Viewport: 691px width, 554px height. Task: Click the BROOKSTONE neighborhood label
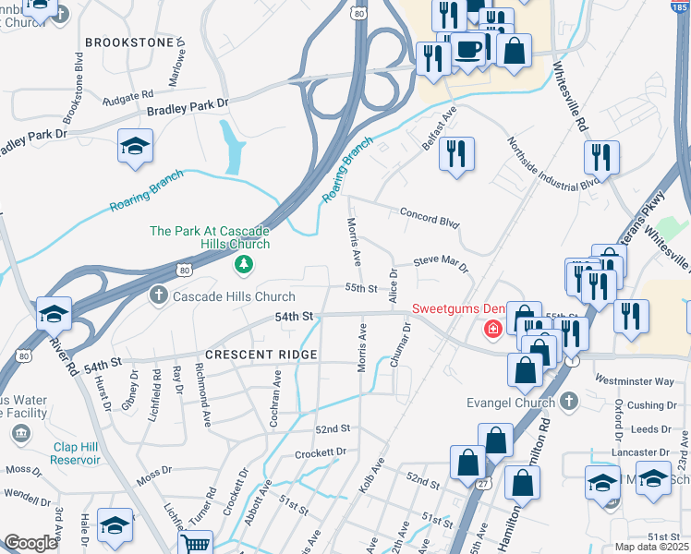[129, 42]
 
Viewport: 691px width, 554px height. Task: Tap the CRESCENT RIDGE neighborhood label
[261, 355]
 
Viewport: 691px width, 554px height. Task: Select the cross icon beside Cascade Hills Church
[158, 295]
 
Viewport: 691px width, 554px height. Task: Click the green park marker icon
[244, 266]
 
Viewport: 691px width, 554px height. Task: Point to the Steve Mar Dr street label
[441, 263]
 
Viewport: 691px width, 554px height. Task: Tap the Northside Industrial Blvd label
[552, 163]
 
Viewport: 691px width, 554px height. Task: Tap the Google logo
[31, 543]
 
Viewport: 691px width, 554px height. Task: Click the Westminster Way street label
[635, 380]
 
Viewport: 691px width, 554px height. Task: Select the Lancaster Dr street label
[638, 452]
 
